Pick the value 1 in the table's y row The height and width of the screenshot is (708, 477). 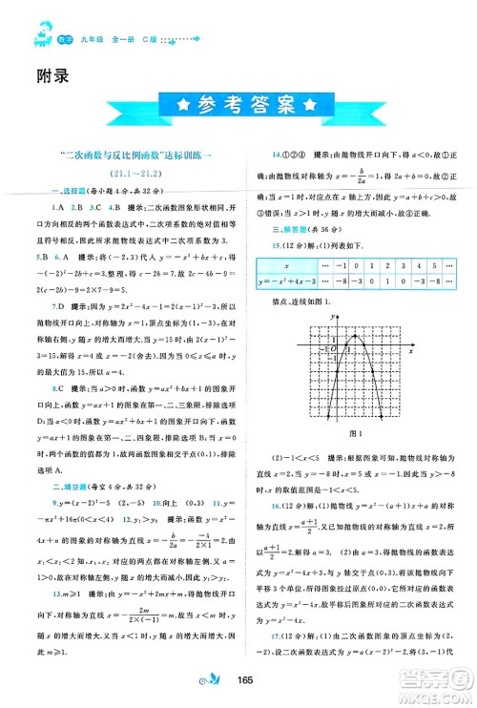(386, 282)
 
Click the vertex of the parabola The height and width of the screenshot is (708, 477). (355, 336)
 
